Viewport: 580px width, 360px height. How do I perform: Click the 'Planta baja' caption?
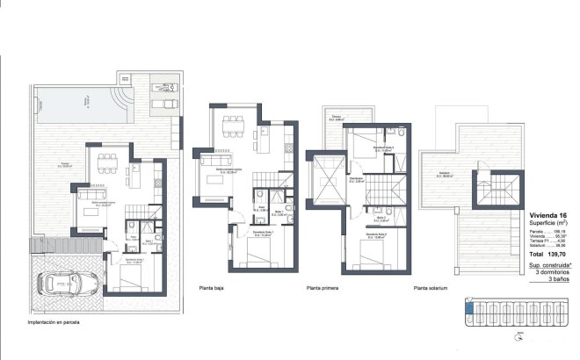point(214,287)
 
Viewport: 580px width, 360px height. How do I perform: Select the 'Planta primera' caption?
point(324,287)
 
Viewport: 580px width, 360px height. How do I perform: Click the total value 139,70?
point(558,253)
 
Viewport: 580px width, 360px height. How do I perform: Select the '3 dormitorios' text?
point(549,270)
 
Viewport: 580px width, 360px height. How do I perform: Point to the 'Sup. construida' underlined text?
point(548,263)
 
